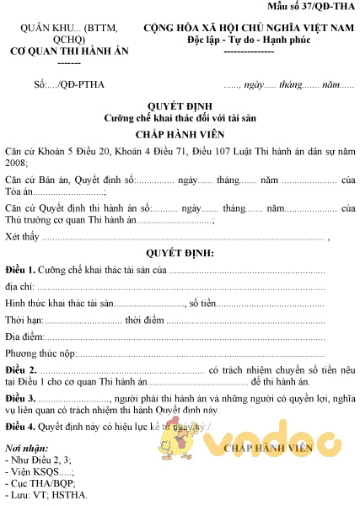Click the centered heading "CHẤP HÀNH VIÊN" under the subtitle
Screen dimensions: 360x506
(x=180, y=134)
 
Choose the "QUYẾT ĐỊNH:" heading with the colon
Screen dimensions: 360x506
(x=180, y=253)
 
